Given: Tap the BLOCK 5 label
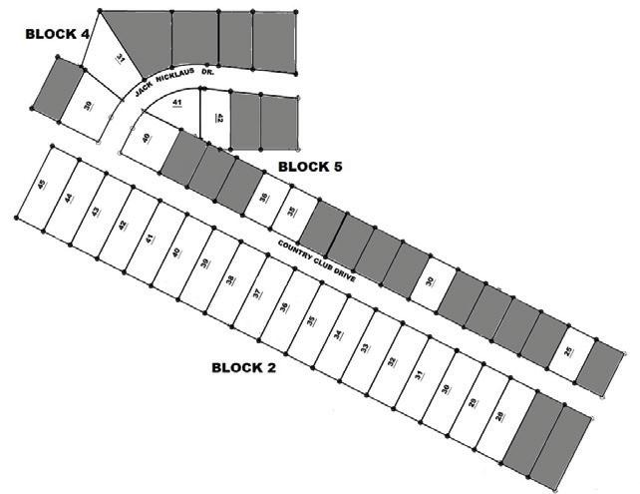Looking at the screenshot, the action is (x=309, y=167).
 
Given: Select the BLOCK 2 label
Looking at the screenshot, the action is (x=243, y=366).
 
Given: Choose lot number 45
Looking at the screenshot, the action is (x=42, y=185).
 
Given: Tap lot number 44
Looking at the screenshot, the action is (x=69, y=199).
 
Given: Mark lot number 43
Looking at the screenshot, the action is (x=96, y=212).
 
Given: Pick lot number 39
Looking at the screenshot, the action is (x=203, y=266).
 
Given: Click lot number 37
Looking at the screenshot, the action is (x=257, y=293).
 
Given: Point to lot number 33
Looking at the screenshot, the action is (x=365, y=348).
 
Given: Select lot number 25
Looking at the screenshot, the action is (x=568, y=351).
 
